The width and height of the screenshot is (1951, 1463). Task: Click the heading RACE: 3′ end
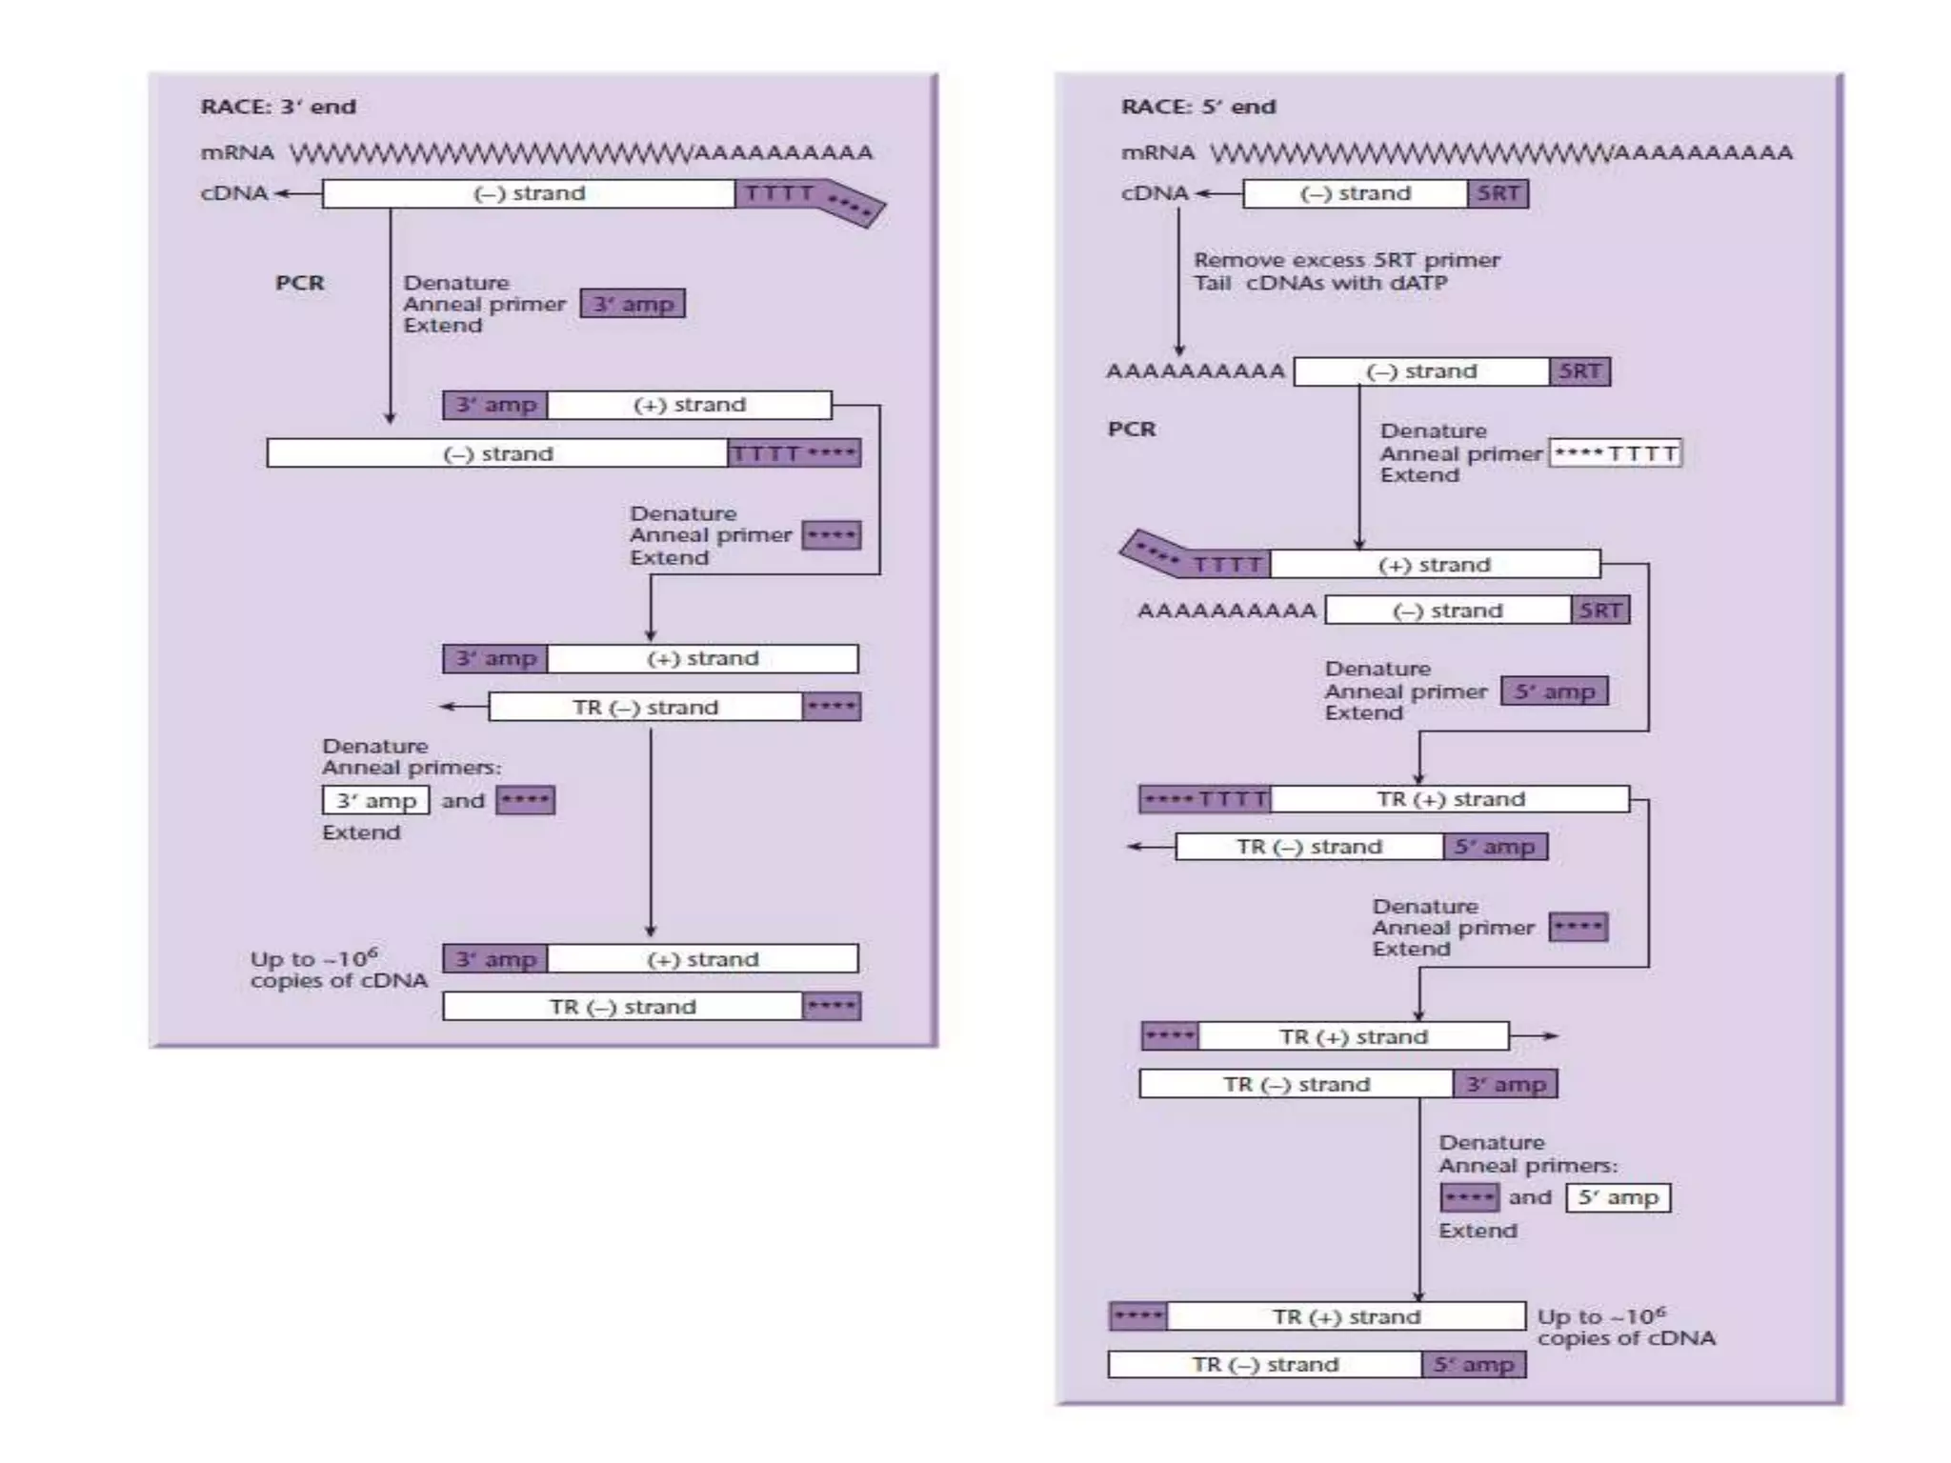(278, 107)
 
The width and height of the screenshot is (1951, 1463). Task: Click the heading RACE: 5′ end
(1198, 107)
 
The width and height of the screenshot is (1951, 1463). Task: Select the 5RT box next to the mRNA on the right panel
(1498, 193)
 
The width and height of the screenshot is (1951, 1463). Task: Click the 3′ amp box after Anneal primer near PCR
(633, 304)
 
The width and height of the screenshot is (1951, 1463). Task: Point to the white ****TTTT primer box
(1616, 453)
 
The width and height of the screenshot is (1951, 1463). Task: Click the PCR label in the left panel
(300, 283)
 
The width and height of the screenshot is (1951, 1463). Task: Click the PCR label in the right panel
(1132, 429)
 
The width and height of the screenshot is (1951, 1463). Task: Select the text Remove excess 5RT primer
(1346, 260)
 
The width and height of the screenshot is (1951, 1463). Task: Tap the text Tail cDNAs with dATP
(1320, 283)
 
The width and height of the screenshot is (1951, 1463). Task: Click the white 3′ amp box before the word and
(375, 800)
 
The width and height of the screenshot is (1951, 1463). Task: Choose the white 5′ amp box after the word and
(1618, 1197)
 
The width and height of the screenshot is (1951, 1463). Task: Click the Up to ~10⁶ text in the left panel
(314, 958)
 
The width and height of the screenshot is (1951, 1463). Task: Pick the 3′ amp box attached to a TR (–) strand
(1505, 1084)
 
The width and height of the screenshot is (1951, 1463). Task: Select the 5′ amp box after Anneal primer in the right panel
(1555, 691)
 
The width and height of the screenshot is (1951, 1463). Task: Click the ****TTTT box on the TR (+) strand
(1205, 799)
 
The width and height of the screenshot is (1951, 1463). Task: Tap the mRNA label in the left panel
(237, 152)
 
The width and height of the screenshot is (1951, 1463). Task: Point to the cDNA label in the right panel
(1155, 193)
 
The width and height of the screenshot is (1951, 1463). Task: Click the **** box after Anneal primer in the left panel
(831, 535)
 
